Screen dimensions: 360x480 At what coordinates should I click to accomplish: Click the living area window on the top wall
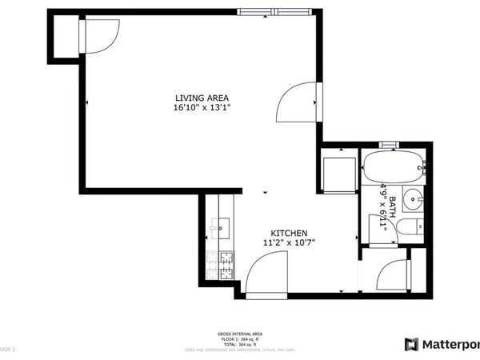tap(274, 11)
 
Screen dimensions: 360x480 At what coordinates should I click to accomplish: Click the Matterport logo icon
tap(411, 345)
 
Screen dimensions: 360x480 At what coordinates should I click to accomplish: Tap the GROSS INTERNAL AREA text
tap(239, 334)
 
